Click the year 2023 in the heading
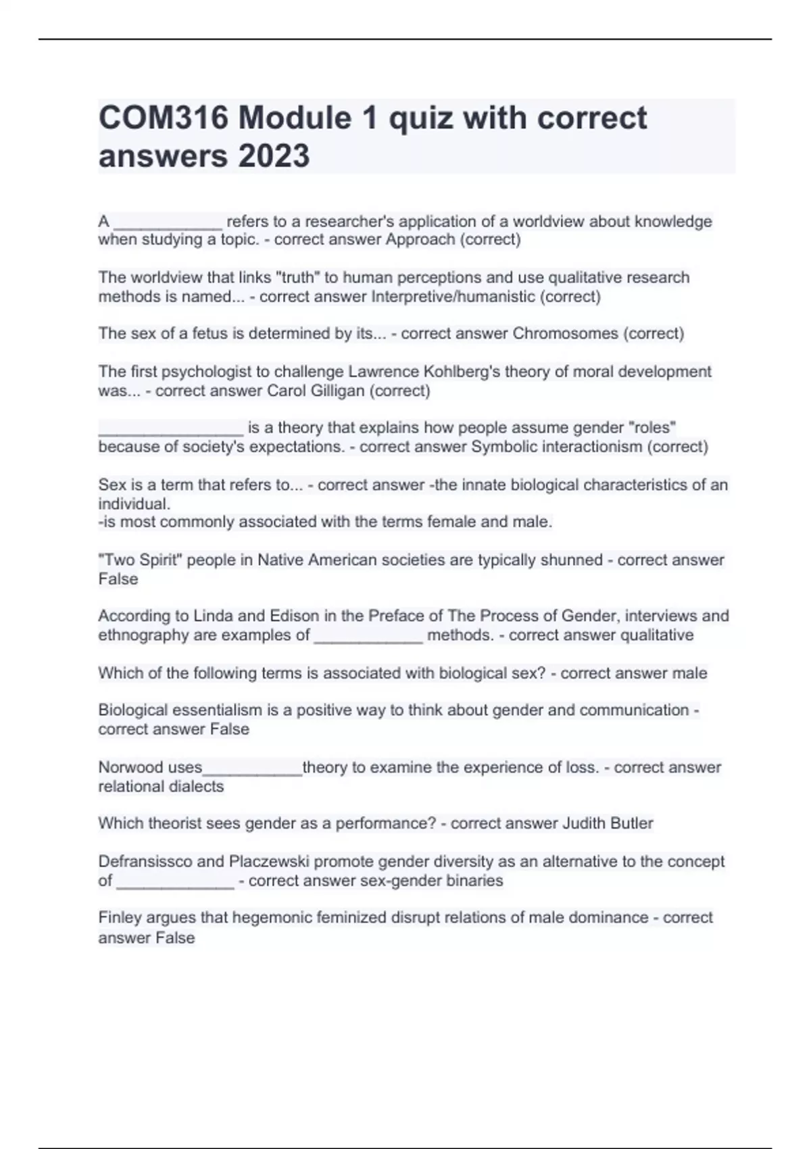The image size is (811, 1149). tap(274, 156)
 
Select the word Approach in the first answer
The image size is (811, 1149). tap(420, 240)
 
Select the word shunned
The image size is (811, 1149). tap(571, 560)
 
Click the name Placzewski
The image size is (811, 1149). tap(269, 862)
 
